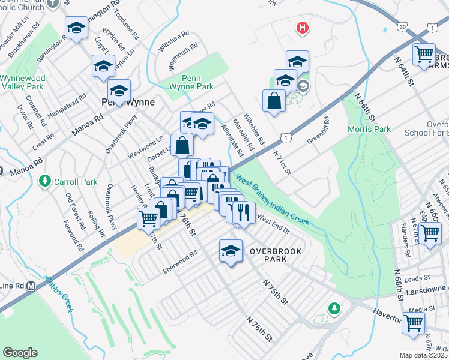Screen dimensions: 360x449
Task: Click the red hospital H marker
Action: click(x=303, y=28)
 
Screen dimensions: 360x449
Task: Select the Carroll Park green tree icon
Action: click(x=44, y=180)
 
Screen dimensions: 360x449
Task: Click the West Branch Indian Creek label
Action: click(x=273, y=199)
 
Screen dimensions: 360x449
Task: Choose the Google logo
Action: click(x=20, y=353)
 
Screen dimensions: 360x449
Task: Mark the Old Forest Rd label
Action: click(x=73, y=212)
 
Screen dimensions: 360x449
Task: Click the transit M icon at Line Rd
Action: click(x=31, y=286)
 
